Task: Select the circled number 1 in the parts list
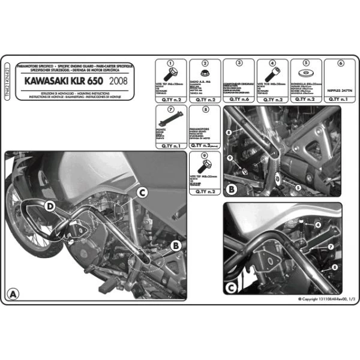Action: click(170, 62)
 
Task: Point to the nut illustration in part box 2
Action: click(205, 74)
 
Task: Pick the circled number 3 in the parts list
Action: click(239, 62)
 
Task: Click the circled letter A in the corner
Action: click(13, 293)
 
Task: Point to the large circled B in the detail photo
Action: click(230, 189)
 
